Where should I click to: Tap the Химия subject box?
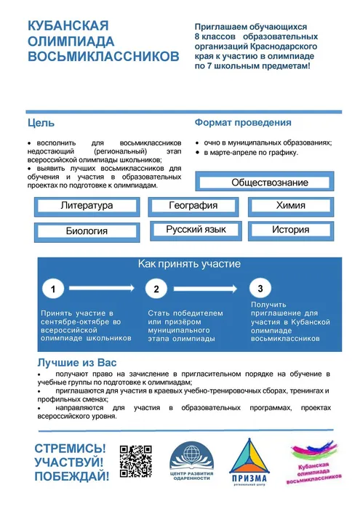[290, 206]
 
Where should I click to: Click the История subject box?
[290, 230]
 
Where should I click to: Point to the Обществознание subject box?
[269, 183]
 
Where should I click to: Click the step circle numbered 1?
[53, 289]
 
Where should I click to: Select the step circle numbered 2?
[156, 289]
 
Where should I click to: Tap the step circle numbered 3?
[260, 289]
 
